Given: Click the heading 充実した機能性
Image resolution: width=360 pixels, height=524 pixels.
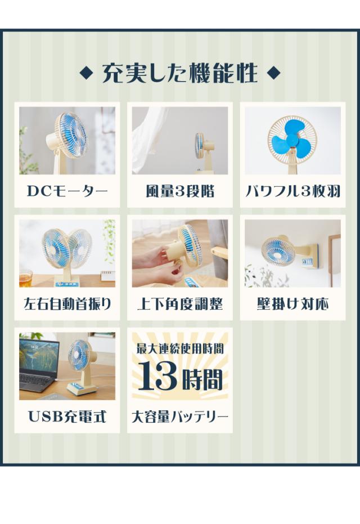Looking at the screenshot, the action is [x=180, y=73].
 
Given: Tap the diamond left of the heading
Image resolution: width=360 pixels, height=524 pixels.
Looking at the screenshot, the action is [x=87, y=73].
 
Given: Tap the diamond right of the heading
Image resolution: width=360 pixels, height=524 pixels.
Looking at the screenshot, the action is [x=274, y=73].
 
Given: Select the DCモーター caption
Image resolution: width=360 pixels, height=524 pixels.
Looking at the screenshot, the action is [x=67, y=191].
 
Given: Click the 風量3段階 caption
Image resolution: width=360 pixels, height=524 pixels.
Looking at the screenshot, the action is [x=180, y=191].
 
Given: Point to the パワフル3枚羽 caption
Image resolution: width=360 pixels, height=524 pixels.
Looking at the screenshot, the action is [x=293, y=191].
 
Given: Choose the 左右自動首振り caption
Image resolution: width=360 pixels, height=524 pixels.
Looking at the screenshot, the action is [x=67, y=304].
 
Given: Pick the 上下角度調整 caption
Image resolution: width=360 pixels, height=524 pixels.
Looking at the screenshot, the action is [x=180, y=304].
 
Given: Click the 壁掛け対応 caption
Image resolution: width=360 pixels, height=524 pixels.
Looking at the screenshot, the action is [x=293, y=304].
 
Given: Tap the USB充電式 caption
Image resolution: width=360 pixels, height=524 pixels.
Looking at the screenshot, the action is [x=67, y=416].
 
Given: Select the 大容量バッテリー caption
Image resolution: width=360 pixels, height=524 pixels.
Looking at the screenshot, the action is [x=180, y=416].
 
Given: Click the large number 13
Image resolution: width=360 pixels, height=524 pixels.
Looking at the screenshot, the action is [x=157, y=377].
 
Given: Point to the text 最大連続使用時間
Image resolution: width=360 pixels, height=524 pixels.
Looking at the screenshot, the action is [x=180, y=348].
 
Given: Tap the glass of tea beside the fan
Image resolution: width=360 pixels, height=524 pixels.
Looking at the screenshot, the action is [x=25, y=279].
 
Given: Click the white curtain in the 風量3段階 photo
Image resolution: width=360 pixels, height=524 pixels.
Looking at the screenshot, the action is [x=150, y=140].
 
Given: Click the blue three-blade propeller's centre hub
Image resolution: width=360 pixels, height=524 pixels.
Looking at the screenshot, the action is [x=291, y=140].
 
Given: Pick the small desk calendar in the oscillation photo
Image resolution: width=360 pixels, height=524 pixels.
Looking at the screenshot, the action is [x=108, y=276].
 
